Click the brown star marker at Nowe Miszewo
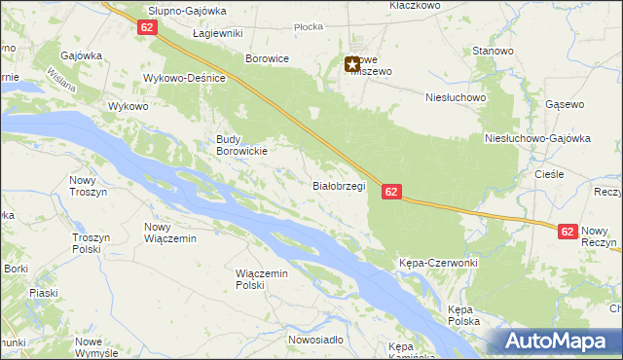[351, 65]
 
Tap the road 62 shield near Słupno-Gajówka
[147, 28]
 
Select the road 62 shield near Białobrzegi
[390, 193]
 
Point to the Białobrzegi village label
[338, 185]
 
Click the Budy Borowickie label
[239, 145]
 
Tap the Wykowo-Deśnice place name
[184, 78]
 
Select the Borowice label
[267, 58]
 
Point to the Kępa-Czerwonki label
[438, 264]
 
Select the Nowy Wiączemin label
[170, 233]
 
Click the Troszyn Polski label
[94, 242]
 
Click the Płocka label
[308, 27]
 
